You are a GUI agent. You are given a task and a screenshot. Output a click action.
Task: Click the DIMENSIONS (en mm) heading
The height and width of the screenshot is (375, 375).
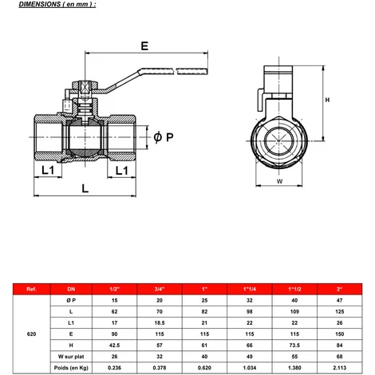pos(57,4)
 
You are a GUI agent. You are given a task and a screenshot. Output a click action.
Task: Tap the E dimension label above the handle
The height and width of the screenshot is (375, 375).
pos(144,46)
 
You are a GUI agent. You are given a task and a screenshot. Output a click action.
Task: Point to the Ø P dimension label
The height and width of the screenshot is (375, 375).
pos(164,137)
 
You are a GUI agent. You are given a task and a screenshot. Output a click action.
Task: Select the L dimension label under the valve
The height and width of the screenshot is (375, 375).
pos(85,188)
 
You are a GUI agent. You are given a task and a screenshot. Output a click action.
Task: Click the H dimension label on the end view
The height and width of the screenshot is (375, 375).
pos(327,100)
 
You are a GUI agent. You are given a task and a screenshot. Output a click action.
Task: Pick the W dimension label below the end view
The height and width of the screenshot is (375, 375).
pos(279,181)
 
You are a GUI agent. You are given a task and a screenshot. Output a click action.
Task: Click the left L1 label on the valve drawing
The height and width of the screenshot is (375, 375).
pos(48,170)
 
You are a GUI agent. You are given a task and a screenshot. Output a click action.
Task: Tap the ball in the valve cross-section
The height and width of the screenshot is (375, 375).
pos(85,137)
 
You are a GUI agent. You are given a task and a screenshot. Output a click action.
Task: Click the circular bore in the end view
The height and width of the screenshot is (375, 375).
pos(279,140)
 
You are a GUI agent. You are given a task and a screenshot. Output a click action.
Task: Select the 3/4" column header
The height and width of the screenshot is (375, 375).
pos(160,289)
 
